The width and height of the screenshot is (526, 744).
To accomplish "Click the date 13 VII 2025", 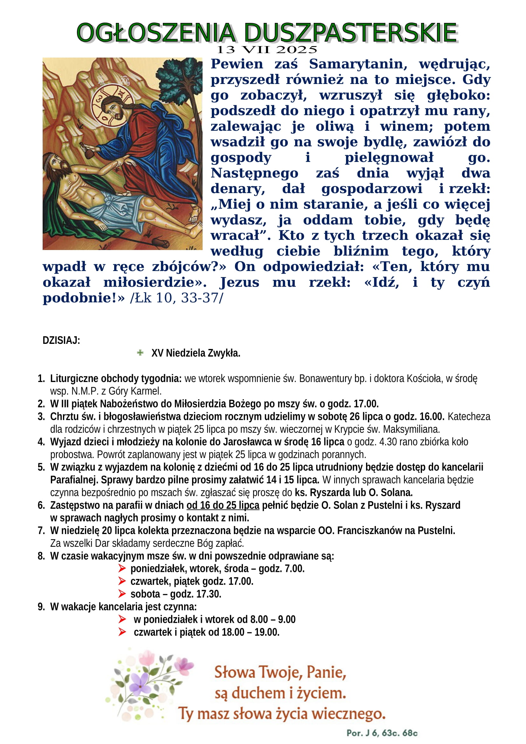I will coord(266,50).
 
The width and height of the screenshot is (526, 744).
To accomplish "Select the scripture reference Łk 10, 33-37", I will coord(176,298).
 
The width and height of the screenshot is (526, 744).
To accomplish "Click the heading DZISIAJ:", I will coord(61,341).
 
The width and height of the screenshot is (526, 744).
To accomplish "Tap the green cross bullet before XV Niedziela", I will coord(140,352).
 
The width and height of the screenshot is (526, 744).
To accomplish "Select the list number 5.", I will coord(41,467).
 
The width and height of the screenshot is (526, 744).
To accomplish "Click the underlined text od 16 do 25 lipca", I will coord(223,505).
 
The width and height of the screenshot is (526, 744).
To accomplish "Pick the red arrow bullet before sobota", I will coord(122,594).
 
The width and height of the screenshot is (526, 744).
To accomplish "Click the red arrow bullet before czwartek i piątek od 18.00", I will coord(122,632).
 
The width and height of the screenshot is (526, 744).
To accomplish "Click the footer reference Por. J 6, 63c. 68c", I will coord(382,733).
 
